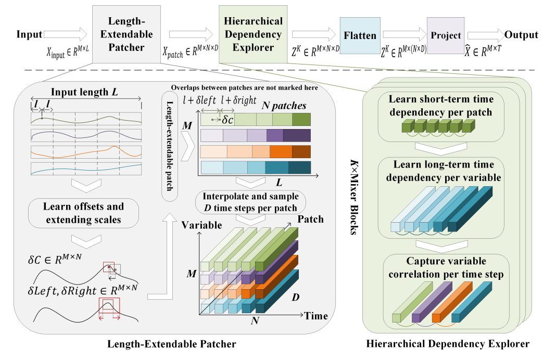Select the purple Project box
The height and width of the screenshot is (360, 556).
[446, 35]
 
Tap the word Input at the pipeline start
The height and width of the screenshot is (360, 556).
[29, 35]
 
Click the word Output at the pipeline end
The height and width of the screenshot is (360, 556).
[521, 35]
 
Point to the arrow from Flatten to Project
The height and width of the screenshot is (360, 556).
[403, 35]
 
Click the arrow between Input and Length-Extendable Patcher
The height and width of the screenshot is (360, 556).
[66, 35]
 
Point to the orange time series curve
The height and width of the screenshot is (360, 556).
[85, 151]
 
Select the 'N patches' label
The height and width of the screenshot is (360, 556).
[284, 105]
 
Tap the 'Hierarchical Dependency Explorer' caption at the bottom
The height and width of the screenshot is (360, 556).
[448, 344]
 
